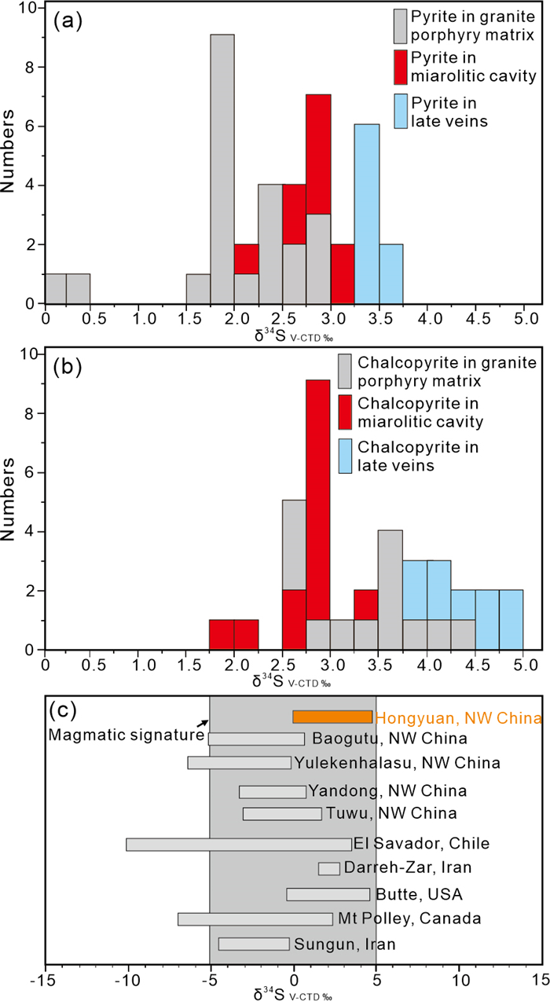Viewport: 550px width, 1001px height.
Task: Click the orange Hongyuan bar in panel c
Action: pyautogui.click(x=332, y=717)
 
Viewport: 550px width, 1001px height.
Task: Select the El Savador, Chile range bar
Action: pyautogui.click(x=239, y=845)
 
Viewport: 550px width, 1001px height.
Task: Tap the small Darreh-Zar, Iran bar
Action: pyautogui.click(x=328, y=868)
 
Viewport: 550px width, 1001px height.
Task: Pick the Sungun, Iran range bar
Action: pyautogui.click(x=254, y=944)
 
